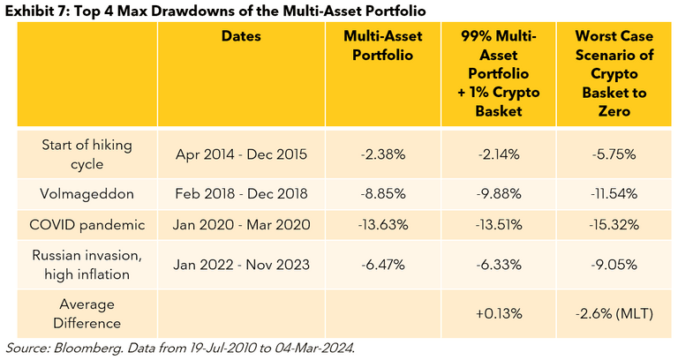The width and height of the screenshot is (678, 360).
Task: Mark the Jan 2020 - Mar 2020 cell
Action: (240, 224)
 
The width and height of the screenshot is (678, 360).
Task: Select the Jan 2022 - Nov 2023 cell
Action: (240, 263)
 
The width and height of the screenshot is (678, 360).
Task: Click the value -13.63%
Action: (384, 224)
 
